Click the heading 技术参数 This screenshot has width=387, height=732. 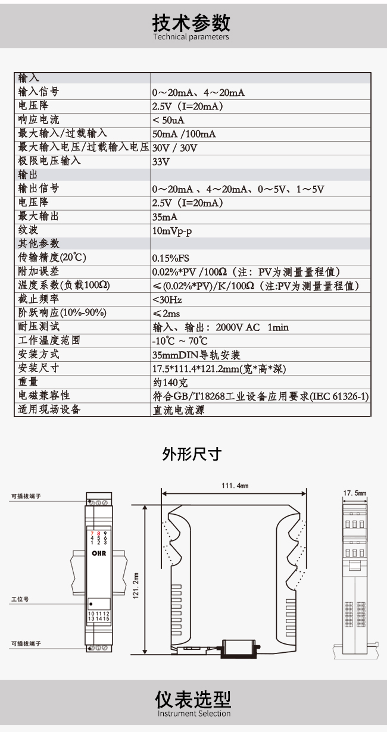point(191,23)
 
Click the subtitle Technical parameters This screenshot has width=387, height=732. point(191,37)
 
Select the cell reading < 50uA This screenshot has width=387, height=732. point(168,120)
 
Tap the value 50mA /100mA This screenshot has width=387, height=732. point(184,134)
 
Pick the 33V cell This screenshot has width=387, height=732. point(161,162)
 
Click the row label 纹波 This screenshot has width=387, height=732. point(28,230)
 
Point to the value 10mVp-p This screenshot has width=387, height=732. point(172,231)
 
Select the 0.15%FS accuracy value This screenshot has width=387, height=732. point(171,258)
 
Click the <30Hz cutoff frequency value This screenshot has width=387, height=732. point(167,300)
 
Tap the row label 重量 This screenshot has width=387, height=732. point(28,381)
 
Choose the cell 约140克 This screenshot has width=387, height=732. point(170,383)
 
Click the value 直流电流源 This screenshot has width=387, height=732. point(179,410)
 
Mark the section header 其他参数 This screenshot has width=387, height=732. point(39,243)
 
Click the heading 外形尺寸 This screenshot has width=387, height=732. point(192,454)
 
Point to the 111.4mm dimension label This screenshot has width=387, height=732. point(235,486)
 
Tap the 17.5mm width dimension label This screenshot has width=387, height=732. point(355,493)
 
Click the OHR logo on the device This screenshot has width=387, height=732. point(99,553)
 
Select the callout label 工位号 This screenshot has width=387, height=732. point(20,599)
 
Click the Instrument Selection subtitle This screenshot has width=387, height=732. point(194,714)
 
